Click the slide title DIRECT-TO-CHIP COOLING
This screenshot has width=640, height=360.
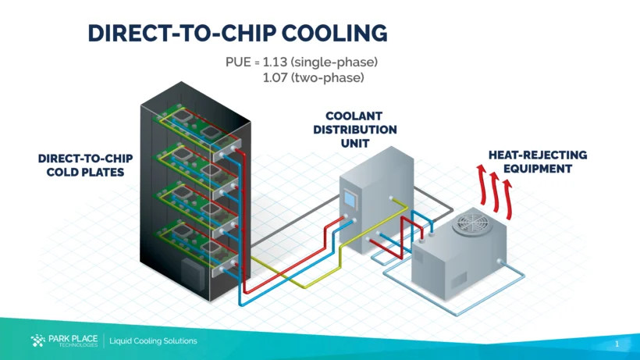click(x=237, y=33)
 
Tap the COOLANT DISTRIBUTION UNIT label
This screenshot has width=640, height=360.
click(x=355, y=130)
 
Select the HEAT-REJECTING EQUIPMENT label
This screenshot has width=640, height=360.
click(x=538, y=162)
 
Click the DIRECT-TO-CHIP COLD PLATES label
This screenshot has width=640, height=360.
click(x=85, y=165)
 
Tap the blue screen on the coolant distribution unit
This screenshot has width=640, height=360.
click(x=350, y=201)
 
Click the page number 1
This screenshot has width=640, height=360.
click(x=617, y=344)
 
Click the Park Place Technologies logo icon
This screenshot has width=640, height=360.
click(x=37, y=340)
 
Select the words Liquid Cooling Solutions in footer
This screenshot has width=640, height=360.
click(x=153, y=341)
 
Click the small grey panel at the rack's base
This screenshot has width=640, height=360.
click(x=190, y=274)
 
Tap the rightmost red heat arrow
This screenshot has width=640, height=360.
click(x=508, y=196)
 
